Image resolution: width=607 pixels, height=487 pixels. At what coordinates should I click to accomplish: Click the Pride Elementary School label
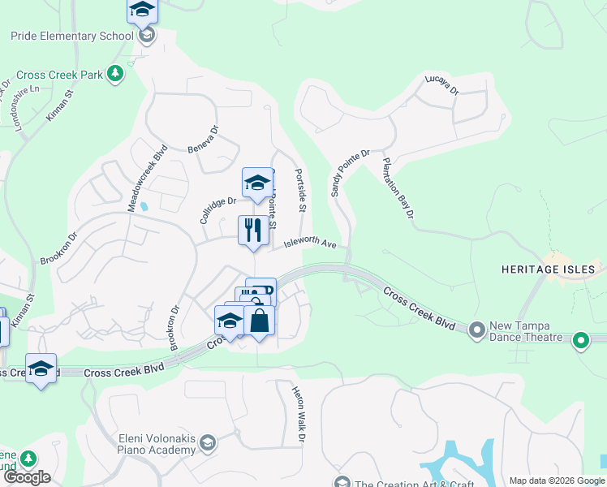coord(71,36)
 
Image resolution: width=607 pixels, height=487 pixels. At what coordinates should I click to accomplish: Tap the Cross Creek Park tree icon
coord(115,74)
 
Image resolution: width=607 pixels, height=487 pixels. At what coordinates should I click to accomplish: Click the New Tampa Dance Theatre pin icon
coord(476,329)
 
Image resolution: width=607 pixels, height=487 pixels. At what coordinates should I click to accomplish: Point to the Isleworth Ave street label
coord(309,243)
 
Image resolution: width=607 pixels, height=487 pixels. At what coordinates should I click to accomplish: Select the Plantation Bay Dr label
coord(398,187)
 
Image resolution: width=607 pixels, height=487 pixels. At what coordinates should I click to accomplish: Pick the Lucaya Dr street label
coord(442,87)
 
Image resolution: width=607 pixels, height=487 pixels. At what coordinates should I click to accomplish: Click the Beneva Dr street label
coord(204,139)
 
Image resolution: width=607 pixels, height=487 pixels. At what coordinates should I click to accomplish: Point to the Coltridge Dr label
coord(217,210)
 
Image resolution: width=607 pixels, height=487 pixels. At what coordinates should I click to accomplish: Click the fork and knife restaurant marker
coord(253,231)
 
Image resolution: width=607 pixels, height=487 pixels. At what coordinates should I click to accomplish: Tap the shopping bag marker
coord(259,320)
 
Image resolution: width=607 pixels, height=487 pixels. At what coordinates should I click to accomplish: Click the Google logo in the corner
coord(27,477)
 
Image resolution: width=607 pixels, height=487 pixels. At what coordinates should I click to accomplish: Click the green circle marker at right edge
coord(581,340)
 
